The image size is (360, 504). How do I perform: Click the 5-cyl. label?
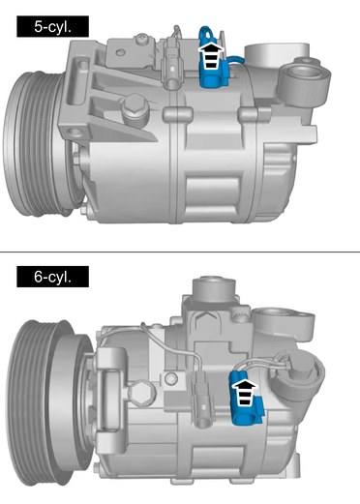point(52,26)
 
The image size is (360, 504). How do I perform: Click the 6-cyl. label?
point(52,277)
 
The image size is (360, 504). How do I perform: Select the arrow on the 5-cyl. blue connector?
point(210,55)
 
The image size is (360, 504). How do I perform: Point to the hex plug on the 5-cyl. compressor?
point(135,108)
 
